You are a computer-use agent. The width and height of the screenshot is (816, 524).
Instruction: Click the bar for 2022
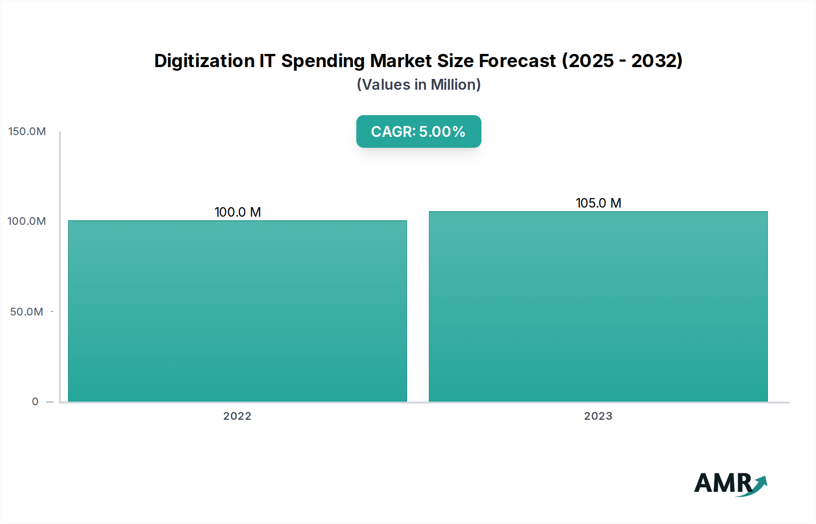(237, 311)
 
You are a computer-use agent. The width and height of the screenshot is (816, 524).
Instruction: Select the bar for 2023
(598, 306)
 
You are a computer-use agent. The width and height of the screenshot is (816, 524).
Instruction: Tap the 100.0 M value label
(238, 212)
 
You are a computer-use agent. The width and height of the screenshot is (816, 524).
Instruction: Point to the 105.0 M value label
(598, 203)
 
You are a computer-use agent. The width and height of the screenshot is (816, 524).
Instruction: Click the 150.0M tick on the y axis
(27, 131)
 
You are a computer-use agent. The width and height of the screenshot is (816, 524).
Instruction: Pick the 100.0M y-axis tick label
(27, 221)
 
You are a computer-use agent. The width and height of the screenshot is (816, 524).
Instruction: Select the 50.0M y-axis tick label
(27, 312)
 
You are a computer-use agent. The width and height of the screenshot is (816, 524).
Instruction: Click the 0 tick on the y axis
(35, 402)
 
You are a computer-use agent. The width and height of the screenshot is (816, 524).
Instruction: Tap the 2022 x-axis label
(237, 416)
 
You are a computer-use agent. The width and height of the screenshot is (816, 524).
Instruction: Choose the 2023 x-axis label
(598, 416)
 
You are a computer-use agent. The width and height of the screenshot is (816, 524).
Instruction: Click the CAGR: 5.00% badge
(418, 131)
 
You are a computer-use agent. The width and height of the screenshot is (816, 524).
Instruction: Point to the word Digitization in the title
(204, 61)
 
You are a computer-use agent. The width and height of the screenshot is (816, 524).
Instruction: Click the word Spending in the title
(323, 61)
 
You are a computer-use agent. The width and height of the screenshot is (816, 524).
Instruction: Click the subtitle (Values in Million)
(418, 85)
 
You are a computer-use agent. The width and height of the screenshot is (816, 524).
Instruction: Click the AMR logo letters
(723, 483)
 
